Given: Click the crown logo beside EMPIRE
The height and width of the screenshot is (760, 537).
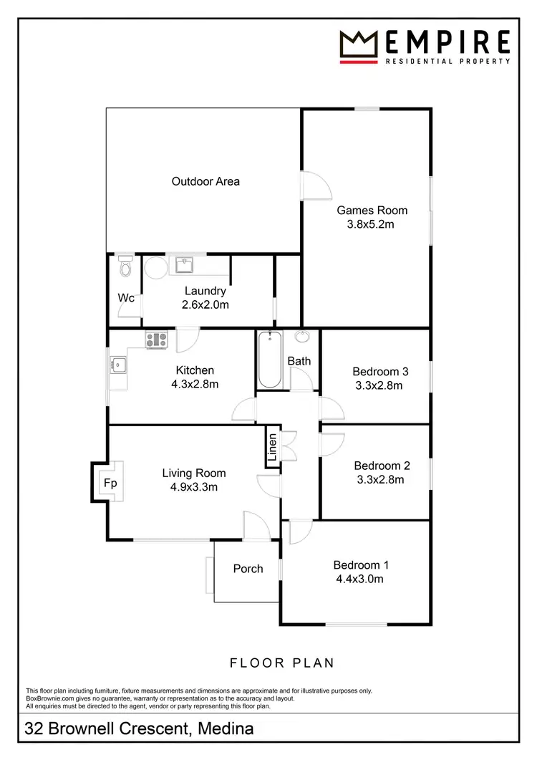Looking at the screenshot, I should [359, 47].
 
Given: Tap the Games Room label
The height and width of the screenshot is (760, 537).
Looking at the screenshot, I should [372, 210].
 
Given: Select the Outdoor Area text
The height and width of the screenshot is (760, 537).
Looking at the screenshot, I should [205, 181].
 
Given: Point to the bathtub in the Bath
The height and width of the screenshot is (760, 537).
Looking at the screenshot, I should [269, 360].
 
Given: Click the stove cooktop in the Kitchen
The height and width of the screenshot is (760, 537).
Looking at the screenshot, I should [156, 340].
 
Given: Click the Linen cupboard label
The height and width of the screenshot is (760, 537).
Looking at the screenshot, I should [273, 447].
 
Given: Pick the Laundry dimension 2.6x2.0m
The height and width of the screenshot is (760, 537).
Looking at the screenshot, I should [205, 304].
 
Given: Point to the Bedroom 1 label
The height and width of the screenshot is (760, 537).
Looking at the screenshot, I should [361, 564].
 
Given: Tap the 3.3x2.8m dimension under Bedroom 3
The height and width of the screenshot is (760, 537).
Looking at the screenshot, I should [379, 385].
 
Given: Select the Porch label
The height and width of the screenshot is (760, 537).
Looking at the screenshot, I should [248, 569].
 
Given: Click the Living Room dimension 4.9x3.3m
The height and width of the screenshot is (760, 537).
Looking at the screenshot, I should [193, 487].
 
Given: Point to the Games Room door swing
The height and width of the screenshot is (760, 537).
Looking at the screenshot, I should [315, 186].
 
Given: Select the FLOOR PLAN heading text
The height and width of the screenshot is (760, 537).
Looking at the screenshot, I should [282, 663].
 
